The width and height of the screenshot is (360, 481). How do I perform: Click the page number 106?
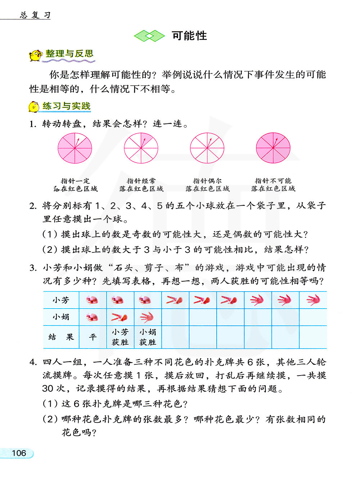(19, 453)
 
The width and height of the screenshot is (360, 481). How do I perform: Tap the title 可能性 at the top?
(189, 36)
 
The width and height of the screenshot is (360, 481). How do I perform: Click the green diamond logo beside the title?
(149, 36)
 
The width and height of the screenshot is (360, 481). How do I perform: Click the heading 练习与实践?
(66, 106)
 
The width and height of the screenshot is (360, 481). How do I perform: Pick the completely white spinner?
(207, 148)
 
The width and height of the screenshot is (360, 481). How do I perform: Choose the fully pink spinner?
(273, 148)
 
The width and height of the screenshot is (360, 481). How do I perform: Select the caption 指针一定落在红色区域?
(75, 185)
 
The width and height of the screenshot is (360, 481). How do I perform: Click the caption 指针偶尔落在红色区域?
(207, 185)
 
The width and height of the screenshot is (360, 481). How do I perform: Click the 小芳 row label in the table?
(60, 300)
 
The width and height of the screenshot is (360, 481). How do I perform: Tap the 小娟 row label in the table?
(60, 317)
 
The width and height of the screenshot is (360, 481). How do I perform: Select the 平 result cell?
(93, 337)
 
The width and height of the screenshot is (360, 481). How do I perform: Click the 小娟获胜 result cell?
(148, 337)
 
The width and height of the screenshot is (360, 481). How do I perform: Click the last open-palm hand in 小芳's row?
(313, 300)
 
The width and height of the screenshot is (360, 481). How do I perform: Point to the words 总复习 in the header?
(35, 15)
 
